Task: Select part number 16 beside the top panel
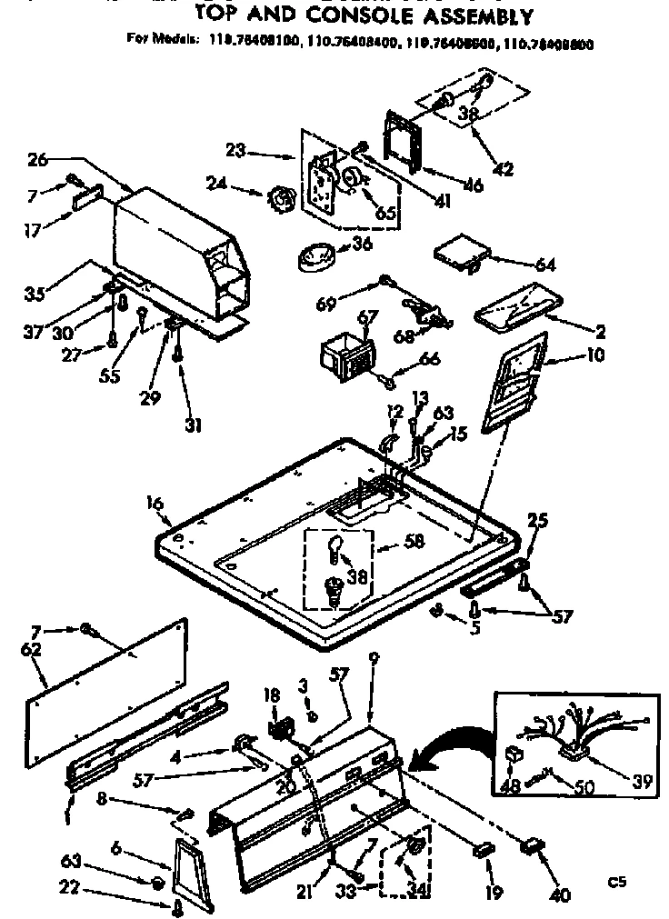[155, 503]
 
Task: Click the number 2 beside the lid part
[601, 333]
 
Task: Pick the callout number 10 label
[595, 355]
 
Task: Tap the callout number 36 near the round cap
[363, 244]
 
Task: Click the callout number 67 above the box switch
[367, 315]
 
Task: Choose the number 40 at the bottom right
[561, 895]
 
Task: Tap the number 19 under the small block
[494, 893]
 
